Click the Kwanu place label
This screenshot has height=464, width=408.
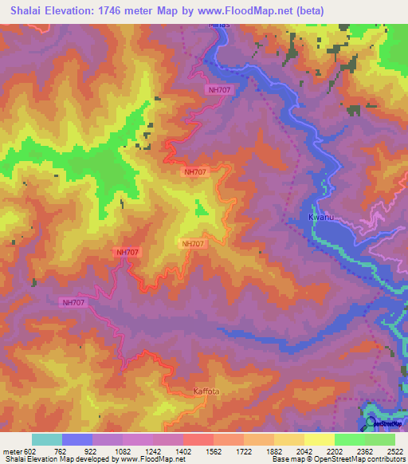click(319, 216)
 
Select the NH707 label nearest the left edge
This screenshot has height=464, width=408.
click(73, 302)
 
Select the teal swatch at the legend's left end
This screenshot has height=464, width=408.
click(46, 439)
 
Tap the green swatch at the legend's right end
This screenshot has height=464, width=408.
click(380, 439)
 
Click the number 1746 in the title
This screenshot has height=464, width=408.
click(114, 10)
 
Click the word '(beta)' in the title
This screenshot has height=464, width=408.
click(325, 10)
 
